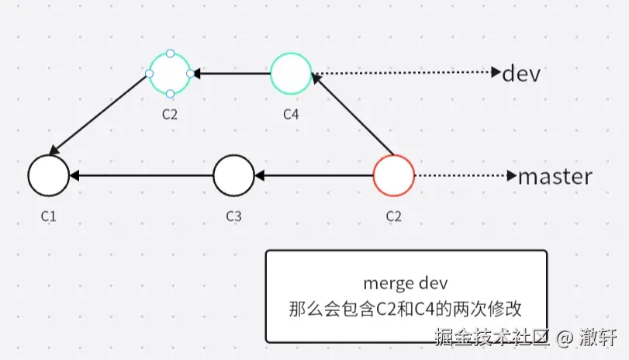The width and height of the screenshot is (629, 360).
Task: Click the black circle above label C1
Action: [x=48, y=175]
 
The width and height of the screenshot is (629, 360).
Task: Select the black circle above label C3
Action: [x=233, y=175]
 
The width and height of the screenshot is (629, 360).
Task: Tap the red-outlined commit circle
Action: [x=394, y=175]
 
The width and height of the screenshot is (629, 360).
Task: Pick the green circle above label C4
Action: [x=291, y=74]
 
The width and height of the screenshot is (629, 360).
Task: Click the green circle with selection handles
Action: [x=170, y=74]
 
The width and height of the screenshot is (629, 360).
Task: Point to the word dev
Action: [x=520, y=74]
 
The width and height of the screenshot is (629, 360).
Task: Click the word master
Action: [x=555, y=176]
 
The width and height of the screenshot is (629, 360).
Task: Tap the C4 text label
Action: [x=291, y=115]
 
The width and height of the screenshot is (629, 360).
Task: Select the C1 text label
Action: [x=48, y=216]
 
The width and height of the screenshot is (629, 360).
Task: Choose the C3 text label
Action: [x=233, y=216]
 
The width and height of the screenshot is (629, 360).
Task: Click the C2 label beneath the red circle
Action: [x=394, y=216]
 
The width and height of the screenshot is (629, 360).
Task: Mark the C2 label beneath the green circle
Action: [x=170, y=115]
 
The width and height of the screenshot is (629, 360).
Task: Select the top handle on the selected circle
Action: [x=170, y=54]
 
